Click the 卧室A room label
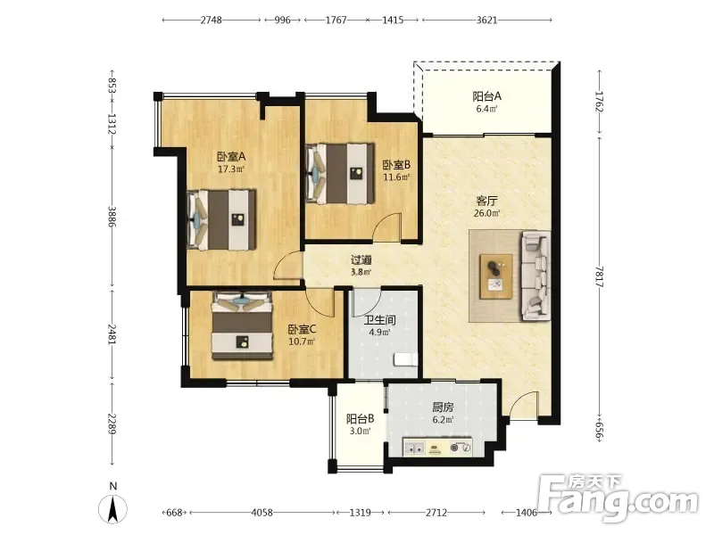tap(231, 157)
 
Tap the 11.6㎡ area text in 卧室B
tap(396, 177)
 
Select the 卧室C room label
tap(302, 329)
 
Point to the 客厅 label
tap(486, 201)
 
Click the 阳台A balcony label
tap(486, 96)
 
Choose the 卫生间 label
tap(379, 320)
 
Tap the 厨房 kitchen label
tap(442, 407)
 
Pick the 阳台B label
tap(360, 418)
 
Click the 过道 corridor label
tap(361, 260)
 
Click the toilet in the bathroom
tap(406, 359)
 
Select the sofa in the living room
tap(535, 276)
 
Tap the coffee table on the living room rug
tap(496, 276)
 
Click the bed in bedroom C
tap(242, 325)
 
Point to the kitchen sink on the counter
tap(414, 449)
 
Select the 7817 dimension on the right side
tap(599, 276)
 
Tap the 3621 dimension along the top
tap(486, 20)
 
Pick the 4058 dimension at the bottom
tap(262, 513)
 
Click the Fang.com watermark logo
tap(619, 498)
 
